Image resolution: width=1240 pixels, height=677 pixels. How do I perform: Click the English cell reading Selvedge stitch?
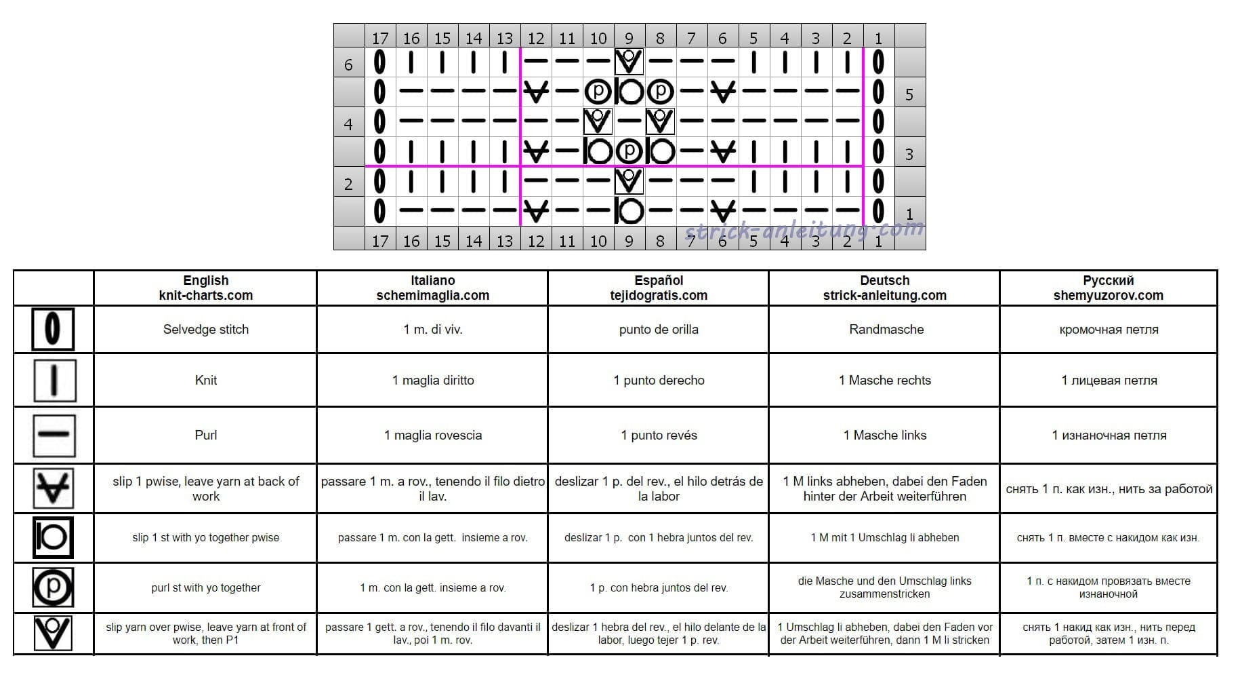(x=205, y=330)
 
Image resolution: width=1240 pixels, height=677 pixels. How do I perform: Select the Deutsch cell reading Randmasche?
(x=886, y=330)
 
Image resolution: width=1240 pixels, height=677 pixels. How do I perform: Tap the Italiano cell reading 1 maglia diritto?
(x=433, y=381)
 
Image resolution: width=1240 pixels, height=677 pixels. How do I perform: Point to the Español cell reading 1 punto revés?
(x=659, y=436)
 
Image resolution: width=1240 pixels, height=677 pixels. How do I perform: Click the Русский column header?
(x=1108, y=288)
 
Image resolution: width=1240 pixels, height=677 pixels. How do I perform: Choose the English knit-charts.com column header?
(x=205, y=288)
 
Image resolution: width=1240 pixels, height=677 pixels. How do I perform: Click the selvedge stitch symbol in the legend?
(x=53, y=329)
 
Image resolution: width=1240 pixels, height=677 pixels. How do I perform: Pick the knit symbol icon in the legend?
(x=54, y=380)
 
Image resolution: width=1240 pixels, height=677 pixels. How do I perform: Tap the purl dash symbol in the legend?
(x=54, y=435)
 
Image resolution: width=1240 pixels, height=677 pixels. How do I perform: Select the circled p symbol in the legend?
(x=53, y=587)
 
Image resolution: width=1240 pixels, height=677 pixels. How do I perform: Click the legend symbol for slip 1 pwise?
(x=54, y=488)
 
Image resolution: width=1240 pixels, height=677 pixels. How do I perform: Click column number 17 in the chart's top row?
(x=380, y=38)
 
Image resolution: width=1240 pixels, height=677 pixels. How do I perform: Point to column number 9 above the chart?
(x=629, y=38)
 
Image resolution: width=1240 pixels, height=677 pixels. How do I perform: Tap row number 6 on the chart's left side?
(x=348, y=64)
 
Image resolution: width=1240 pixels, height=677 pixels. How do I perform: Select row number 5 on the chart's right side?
(x=909, y=94)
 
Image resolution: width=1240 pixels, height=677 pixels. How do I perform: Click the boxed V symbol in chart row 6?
(x=629, y=62)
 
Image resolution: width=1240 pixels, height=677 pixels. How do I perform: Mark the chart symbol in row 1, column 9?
(x=629, y=211)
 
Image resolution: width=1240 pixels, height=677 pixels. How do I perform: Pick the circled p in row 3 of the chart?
(x=629, y=151)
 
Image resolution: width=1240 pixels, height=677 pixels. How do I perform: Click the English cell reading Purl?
(x=205, y=436)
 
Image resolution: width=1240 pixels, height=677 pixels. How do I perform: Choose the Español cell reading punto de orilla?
(x=659, y=330)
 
